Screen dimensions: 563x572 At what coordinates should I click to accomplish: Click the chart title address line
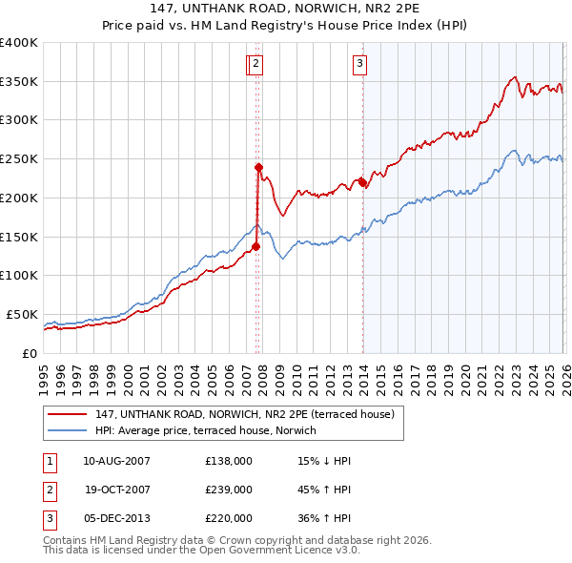tap(286, 8)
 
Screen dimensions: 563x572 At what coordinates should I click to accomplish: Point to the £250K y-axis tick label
tap(19, 159)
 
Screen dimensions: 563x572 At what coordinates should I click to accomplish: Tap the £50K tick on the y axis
tap(22, 314)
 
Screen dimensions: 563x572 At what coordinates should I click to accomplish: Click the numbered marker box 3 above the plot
tap(360, 64)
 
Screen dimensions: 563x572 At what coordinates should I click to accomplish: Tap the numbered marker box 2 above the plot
tap(257, 64)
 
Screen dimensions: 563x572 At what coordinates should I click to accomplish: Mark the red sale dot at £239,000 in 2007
tap(258, 167)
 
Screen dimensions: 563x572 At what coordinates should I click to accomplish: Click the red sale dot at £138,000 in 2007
tap(255, 245)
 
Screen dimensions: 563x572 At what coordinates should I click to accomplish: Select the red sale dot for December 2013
tap(363, 181)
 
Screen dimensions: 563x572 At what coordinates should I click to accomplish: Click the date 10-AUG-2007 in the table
tap(116, 461)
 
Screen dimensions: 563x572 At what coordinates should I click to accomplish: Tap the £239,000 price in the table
tap(229, 490)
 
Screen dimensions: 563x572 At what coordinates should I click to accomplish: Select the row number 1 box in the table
tap(49, 461)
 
